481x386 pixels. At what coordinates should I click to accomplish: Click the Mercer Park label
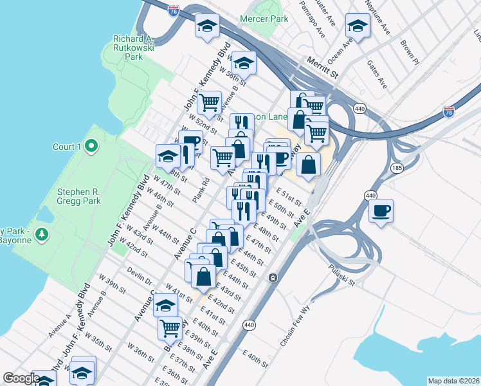[x=264, y=19]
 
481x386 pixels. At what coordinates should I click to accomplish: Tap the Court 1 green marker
[x=91, y=147]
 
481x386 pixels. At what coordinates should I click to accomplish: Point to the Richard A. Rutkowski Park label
[x=136, y=48]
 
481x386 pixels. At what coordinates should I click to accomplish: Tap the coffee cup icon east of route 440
[x=381, y=211]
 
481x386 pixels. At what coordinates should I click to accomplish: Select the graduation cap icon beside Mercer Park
[x=207, y=26]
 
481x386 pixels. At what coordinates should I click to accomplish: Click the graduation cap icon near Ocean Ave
[x=358, y=26]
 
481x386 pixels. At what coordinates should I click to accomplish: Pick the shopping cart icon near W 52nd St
[x=209, y=102]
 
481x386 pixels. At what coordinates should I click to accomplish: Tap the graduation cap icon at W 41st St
[x=166, y=305]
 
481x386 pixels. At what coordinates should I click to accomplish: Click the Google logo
[x=21, y=378]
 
